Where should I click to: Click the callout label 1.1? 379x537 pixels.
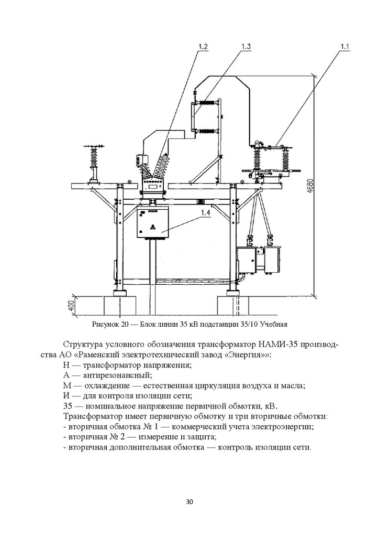click(x=344, y=47)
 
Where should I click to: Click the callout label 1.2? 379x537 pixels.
click(x=203, y=47)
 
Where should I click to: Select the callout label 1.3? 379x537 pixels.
click(x=246, y=47)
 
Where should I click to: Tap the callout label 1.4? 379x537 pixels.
click(x=205, y=213)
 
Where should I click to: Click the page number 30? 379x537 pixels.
click(x=189, y=502)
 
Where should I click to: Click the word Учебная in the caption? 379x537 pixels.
click(x=274, y=324)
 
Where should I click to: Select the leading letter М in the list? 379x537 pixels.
click(x=68, y=385)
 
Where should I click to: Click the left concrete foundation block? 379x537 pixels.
click(x=119, y=305)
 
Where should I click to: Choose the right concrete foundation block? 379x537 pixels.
click(x=233, y=305)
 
